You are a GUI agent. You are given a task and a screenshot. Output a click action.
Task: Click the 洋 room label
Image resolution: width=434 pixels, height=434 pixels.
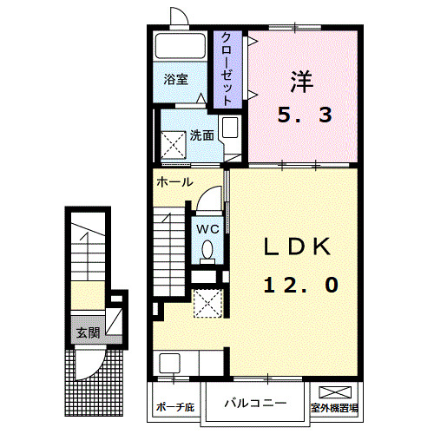click(x=300, y=82)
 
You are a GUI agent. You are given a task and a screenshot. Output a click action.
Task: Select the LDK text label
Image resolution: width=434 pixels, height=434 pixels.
click(x=298, y=248)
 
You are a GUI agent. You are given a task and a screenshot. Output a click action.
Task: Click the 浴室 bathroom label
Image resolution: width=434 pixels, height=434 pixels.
click(x=177, y=80)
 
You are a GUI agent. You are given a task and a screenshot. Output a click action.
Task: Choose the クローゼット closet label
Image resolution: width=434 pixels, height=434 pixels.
click(x=227, y=69)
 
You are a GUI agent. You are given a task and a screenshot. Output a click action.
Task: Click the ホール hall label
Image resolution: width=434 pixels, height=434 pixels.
click(x=174, y=182)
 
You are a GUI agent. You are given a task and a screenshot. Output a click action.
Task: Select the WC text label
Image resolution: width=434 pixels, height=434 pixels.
click(x=207, y=228)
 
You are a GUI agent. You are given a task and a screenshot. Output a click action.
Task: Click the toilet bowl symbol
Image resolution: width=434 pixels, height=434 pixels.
click(x=207, y=250)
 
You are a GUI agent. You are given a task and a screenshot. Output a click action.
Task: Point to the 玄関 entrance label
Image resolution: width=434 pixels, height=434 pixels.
click(x=87, y=332)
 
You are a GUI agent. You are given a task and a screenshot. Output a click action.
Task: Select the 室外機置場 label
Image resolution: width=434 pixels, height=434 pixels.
click(x=335, y=406)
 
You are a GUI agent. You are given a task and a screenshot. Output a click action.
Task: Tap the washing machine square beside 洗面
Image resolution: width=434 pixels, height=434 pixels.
click(x=173, y=141)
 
